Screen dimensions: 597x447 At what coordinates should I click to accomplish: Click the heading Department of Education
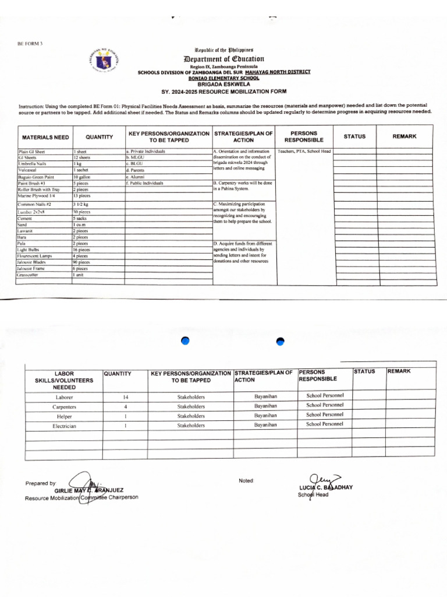pyautogui.click(x=224, y=59)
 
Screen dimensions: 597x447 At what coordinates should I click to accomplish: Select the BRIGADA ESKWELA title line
pyautogui.click(x=224, y=83)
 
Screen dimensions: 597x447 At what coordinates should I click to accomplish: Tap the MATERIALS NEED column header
pyautogui.click(x=45, y=137)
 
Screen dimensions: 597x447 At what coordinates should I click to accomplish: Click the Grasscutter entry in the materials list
pyautogui.click(x=29, y=275)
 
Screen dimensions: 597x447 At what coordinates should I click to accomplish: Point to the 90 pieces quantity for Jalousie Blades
pyautogui.click(x=81, y=262)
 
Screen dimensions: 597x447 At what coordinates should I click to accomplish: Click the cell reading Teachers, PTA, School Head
pyautogui.click(x=304, y=151)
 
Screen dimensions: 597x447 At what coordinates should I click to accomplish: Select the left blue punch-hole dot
pyautogui.click(x=186, y=341)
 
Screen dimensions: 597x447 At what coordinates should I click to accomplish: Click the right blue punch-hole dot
pyautogui.click(x=280, y=341)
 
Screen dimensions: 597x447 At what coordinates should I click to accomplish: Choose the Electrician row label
pyautogui.click(x=64, y=426)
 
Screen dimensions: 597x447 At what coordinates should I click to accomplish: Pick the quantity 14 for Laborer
pyautogui.click(x=125, y=397)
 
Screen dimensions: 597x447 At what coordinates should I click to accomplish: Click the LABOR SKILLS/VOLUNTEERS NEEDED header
pyautogui.click(x=64, y=380)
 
